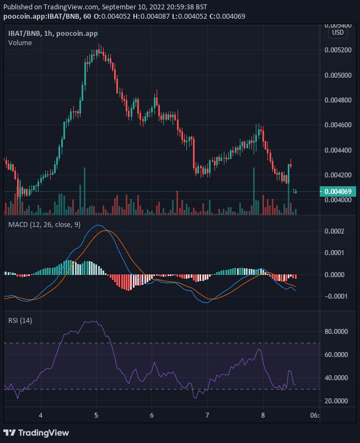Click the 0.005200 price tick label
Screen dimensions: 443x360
click(339, 50)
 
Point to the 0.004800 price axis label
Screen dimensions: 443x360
click(339, 100)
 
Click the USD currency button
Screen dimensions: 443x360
click(337, 33)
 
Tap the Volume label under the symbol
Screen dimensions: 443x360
click(20, 43)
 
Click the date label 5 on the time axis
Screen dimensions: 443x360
click(96, 414)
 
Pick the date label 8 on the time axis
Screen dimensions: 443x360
click(263, 414)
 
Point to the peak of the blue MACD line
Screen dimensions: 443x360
click(98, 225)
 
